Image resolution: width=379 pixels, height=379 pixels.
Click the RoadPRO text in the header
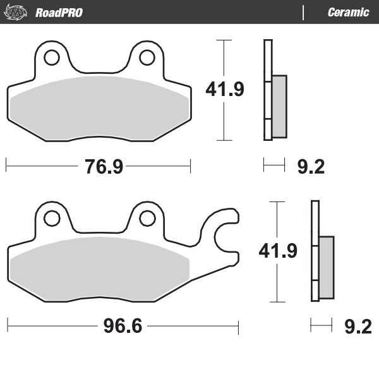(59, 12)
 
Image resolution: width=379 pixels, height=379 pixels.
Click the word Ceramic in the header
(348, 12)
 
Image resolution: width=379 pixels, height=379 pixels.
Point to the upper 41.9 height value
(225, 90)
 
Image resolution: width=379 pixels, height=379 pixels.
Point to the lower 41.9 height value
(278, 251)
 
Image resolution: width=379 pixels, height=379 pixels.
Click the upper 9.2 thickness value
(310, 167)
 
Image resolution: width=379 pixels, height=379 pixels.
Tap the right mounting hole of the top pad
(147, 57)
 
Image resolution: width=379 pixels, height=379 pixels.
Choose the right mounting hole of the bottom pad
(147, 219)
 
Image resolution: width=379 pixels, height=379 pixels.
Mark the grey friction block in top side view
(279, 105)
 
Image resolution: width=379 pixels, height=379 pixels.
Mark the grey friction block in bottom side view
(326, 267)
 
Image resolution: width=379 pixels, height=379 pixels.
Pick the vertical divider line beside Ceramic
(304, 12)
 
